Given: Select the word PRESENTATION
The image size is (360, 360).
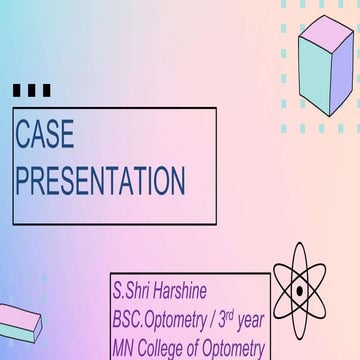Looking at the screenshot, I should tap(99, 181).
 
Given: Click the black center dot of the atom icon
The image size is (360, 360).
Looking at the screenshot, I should tap(300, 292).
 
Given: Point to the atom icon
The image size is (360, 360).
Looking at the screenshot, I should tap(300, 292).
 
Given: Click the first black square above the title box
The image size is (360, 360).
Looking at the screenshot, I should tap(17, 91).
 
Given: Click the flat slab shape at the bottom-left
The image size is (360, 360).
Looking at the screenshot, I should tap(19, 321).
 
